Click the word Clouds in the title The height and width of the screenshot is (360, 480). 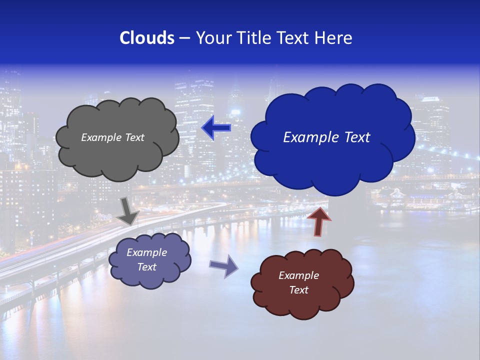[146, 38]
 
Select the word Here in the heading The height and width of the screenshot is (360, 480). [334, 38]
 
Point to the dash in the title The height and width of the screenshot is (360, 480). [184, 38]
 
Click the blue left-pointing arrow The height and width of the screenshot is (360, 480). [216, 128]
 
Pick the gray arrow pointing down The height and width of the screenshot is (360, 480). [128, 211]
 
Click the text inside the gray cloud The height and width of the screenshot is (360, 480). [112, 137]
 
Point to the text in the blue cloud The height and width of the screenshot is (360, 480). [326, 137]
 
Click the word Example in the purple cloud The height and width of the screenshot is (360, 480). [146, 252]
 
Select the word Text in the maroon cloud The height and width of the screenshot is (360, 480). [298, 290]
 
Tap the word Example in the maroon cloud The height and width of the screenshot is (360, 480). [298, 275]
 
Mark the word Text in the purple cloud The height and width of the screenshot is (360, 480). [146, 267]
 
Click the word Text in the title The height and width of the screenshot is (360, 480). [295, 38]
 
